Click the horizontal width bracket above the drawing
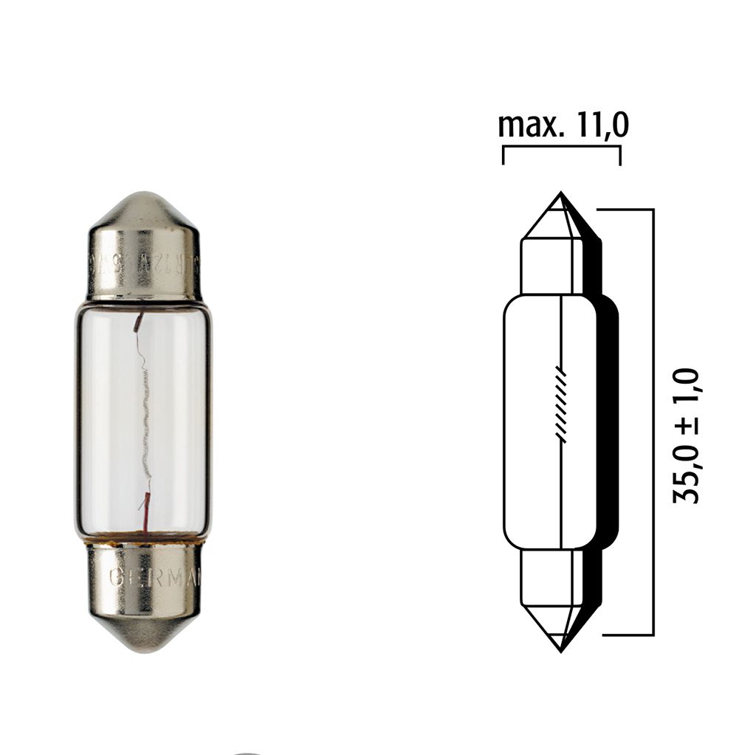click(x=561, y=148)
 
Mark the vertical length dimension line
click(x=653, y=421)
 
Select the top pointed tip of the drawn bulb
click(x=561, y=196)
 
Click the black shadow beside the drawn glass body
click(x=607, y=421)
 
